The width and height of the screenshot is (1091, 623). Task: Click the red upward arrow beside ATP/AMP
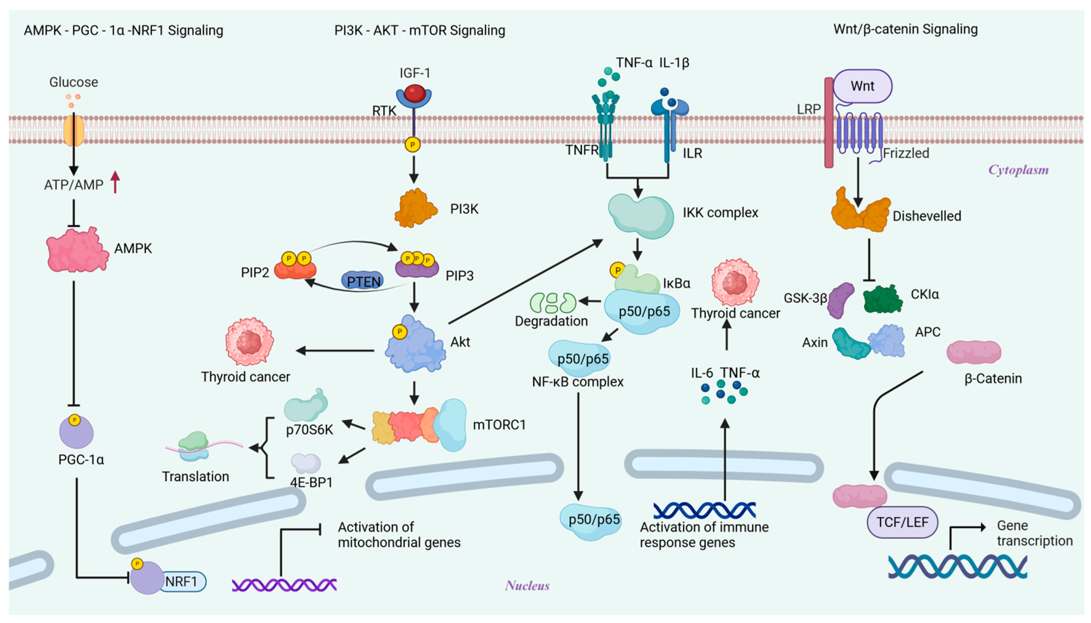115,182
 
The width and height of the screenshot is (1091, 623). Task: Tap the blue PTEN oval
363,281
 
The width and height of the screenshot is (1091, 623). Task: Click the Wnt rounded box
862,86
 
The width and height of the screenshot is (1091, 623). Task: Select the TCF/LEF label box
902,522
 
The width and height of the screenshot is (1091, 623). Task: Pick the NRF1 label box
181,582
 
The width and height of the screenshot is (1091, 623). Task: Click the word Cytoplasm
1018,170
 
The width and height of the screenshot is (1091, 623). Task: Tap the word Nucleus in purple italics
527,585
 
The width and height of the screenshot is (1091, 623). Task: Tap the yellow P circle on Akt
399,332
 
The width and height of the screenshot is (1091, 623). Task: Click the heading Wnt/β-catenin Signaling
905,29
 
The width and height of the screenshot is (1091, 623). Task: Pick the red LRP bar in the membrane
828,123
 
